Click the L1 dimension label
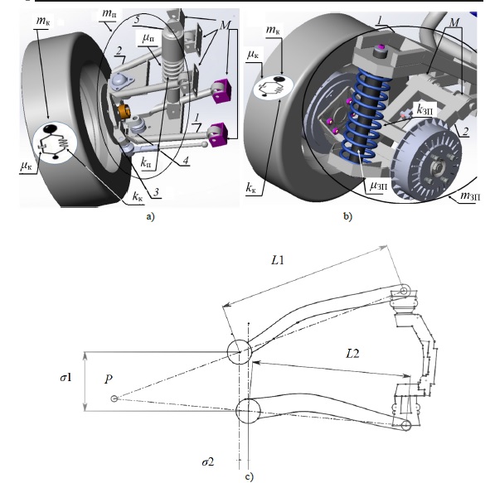[278, 259]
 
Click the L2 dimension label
[352, 354]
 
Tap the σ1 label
[66, 378]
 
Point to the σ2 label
[208, 461]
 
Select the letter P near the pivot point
[109, 379]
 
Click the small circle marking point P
[114, 398]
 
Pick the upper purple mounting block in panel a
[222, 91]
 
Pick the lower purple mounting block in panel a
[218, 134]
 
